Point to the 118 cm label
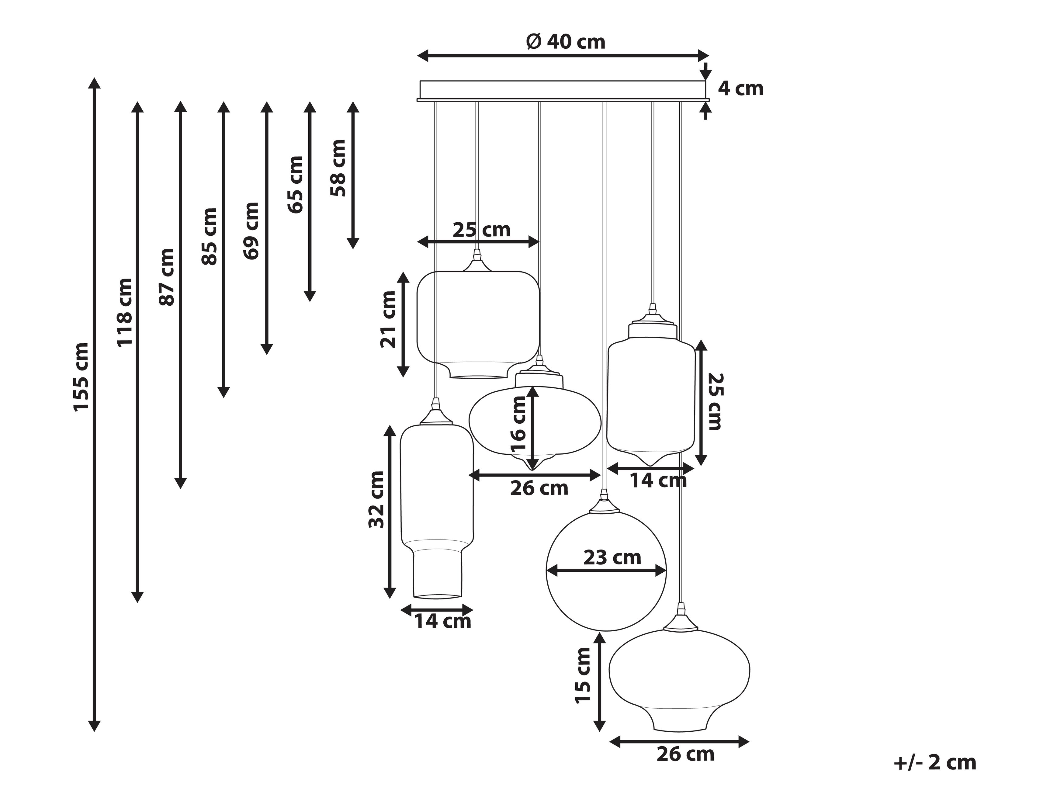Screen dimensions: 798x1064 click(124, 312)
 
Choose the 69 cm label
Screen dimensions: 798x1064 click(251, 231)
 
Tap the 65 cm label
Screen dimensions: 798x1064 click(295, 184)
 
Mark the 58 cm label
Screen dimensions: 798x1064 click(338, 168)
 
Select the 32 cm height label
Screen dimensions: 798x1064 click(376, 499)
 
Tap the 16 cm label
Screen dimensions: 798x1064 click(518, 424)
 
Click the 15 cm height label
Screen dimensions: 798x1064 click(583, 675)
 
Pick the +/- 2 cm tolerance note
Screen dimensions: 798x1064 click(934, 763)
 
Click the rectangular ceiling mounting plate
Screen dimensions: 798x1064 click(562, 90)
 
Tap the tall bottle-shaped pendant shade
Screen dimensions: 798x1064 click(437, 510)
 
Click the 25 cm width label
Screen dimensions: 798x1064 click(481, 230)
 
